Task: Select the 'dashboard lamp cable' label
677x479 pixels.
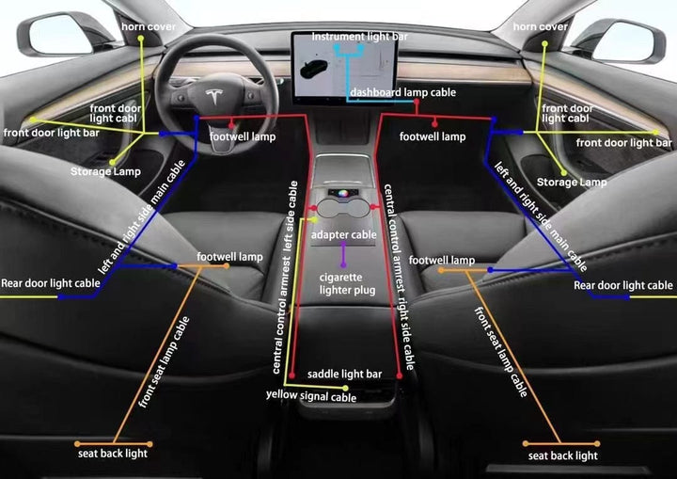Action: point(403,93)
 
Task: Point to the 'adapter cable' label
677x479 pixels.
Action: point(343,234)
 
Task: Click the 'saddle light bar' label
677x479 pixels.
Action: point(344,375)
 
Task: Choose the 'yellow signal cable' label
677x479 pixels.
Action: point(311,397)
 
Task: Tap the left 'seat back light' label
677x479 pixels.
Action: point(113,454)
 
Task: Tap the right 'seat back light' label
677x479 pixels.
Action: point(562,455)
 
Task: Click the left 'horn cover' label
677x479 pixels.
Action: point(149,26)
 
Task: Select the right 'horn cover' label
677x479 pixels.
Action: point(541,26)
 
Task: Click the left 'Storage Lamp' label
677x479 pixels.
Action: point(105,172)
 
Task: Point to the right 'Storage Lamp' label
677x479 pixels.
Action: point(572,182)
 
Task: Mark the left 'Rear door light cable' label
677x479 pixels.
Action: point(51,282)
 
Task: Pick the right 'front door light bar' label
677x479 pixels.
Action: point(624,143)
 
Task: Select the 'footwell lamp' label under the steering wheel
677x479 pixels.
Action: point(243,137)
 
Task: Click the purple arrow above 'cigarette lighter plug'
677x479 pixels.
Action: point(343,254)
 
